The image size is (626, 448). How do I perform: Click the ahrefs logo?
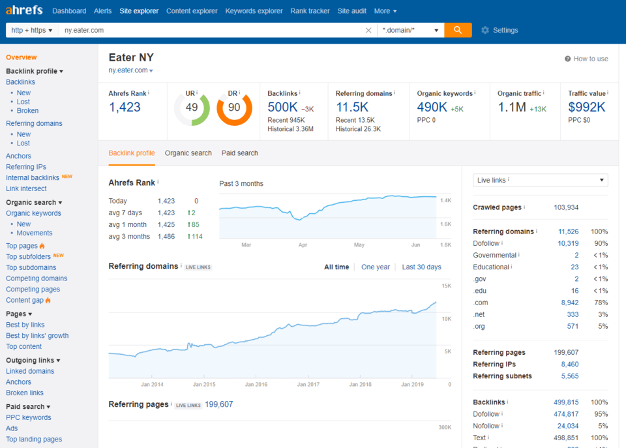(x=24, y=10)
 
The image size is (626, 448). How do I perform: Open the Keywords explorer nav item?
(x=254, y=11)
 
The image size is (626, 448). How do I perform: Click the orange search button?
(x=458, y=30)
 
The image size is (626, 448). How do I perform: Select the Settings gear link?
(x=499, y=30)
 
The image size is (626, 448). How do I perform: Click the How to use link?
(x=586, y=59)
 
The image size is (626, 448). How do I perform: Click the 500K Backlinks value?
(x=283, y=108)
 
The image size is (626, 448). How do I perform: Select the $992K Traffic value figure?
(x=587, y=108)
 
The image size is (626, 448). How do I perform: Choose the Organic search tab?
(x=188, y=153)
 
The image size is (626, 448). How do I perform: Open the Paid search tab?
(x=239, y=153)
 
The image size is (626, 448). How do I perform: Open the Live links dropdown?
(x=540, y=180)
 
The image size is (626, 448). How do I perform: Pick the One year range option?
(x=375, y=267)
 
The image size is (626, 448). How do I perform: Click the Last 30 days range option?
(x=421, y=267)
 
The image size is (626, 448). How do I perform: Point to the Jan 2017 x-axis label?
(x=310, y=385)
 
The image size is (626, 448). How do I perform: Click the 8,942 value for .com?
(x=569, y=303)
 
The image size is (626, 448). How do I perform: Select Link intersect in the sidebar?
(x=26, y=188)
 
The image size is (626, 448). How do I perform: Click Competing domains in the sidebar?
(x=37, y=278)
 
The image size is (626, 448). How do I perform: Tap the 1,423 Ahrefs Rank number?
(x=125, y=108)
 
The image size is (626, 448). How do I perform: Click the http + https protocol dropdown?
(x=32, y=30)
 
